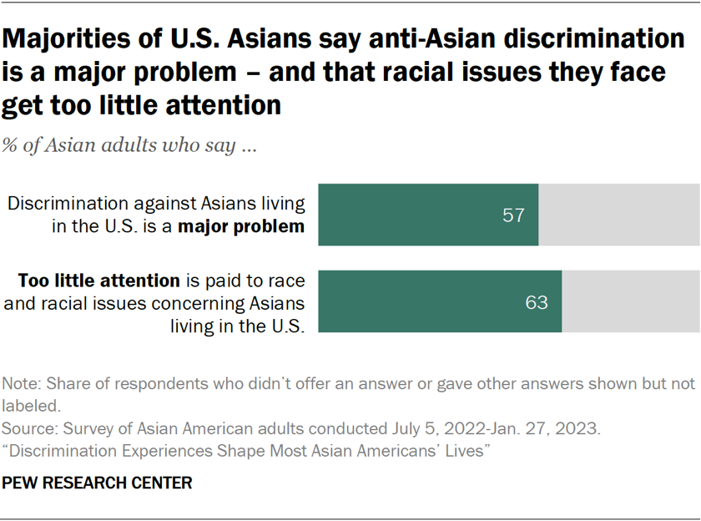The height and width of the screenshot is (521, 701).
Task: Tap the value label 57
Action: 513,215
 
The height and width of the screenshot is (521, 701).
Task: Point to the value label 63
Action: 537,302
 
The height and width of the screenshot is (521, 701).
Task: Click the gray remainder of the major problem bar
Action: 618,215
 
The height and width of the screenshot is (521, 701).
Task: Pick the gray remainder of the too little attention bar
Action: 630,301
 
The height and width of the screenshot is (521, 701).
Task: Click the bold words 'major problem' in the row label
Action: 250,225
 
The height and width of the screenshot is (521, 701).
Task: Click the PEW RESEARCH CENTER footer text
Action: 98,483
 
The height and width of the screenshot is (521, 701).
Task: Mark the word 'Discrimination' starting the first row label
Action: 61,204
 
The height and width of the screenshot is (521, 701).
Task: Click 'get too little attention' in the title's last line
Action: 141,106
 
